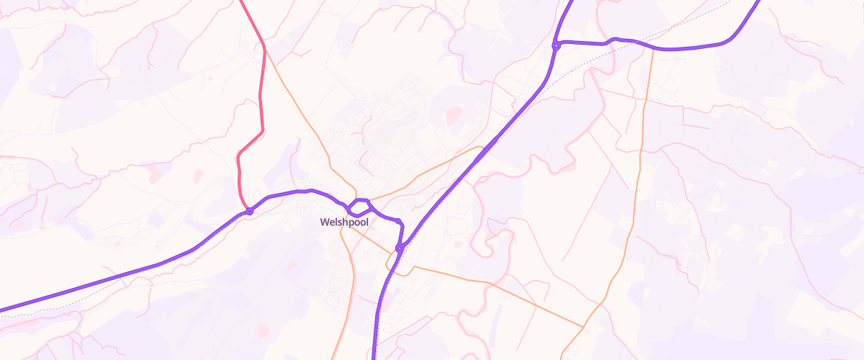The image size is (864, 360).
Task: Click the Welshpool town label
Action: pyautogui.click(x=344, y=222)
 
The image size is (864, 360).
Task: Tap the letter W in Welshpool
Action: pyautogui.click(x=325, y=222)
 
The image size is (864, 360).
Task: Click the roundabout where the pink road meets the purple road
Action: pyautogui.click(x=249, y=211)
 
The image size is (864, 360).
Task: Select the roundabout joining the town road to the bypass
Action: pyautogui.click(x=399, y=248)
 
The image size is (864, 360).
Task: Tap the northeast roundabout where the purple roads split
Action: pyautogui.click(x=557, y=46)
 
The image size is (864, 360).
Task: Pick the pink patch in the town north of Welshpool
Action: pyautogui.click(x=454, y=114)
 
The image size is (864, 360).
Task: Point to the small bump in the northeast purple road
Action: pyautogui.click(x=613, y=40)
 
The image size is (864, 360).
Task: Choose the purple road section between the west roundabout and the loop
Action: pyautogui.click(x=295, y=192)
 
